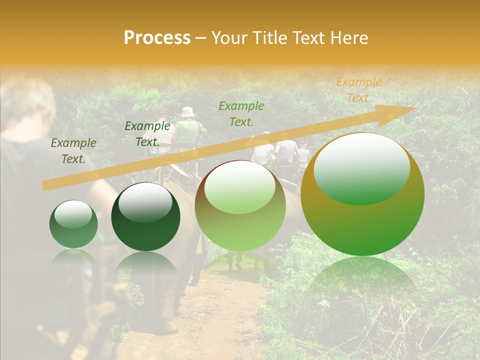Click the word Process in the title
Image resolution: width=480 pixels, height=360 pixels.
click(x=157, y=38)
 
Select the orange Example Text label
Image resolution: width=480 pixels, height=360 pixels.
click(x=358, y=90)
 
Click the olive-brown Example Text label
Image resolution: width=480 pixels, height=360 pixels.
click(x=73, y=151)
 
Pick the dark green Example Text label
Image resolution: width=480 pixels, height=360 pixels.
click(x=147, y=134)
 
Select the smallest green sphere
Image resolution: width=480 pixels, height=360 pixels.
click(x=73, y=224)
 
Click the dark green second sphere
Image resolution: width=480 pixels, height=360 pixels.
click(x=145, y=216)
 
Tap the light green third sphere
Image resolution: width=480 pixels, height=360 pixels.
click(x=240, y=205)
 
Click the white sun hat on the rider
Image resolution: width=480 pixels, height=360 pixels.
click(x=187, y=112)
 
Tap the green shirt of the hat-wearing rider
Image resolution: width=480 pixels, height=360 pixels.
click(x=187, y=132)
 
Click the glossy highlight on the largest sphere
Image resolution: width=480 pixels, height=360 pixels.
click(x=361, y=168)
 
